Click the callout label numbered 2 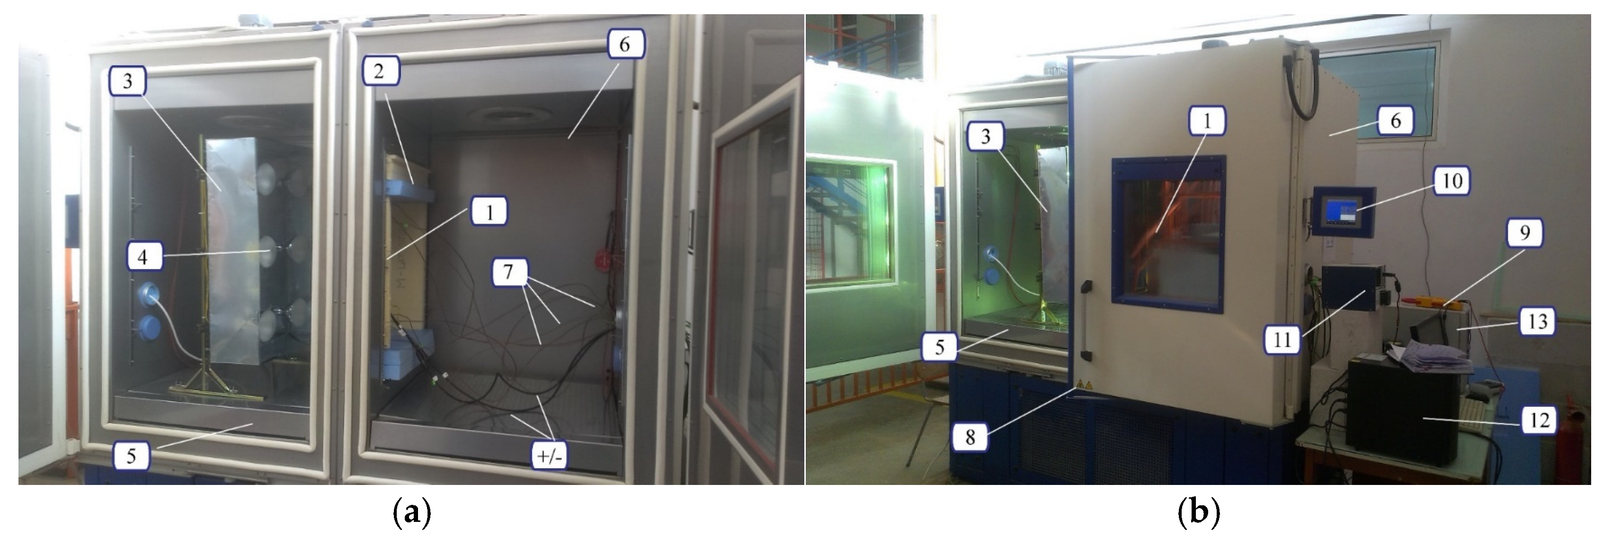[x=379, y=72]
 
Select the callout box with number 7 [x=509, y=273]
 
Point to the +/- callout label [x=549, y=457]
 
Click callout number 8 [x=970, y=438]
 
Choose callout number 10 [x=1452, y=181]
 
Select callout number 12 [x=1539, y=421]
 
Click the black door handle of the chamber [x=1086, y=320]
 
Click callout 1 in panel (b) [x=1207, y=120]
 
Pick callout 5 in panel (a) [x=131, y=457]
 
